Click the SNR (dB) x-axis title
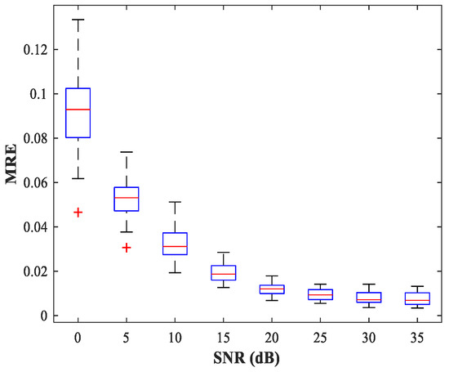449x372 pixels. pos(247,358)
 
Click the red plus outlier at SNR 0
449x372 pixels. pos(78,212)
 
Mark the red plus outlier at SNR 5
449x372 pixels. pos(127,247)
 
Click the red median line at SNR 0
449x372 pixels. pos(78,110)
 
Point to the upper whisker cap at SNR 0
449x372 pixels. pos(78,19)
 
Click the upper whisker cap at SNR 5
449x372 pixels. pos(127,152)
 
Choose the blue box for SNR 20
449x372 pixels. pos(271,289)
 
